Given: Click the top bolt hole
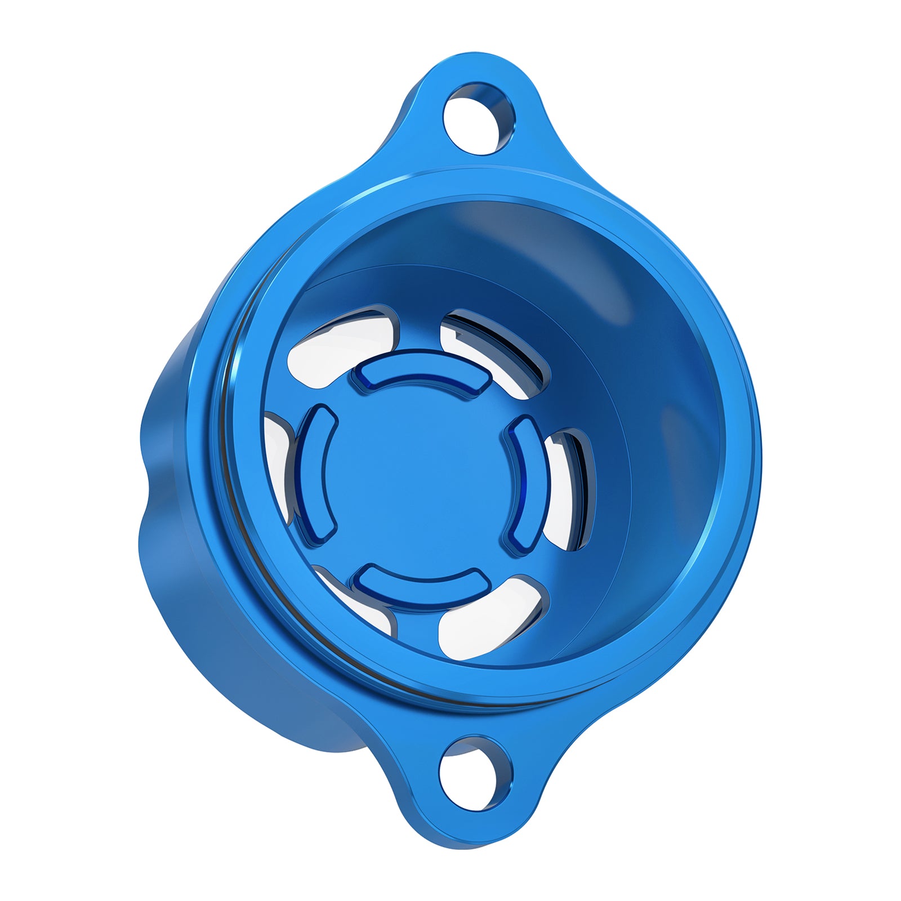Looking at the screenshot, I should [x=478, y=118].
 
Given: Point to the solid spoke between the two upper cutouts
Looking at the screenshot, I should [x=420, y=329].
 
